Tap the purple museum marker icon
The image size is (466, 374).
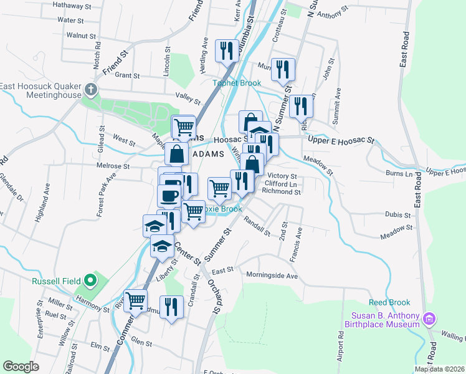pyautogui.click(x=428, y=320)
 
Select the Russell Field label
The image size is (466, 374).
pyautogui.click(x=58, y=280)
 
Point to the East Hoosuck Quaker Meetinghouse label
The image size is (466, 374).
pyautogui.click(x=41, y=91)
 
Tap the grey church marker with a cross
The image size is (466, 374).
pyautogui.click(x=90, y=89)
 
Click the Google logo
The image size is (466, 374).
pyautogui.click(x=21, y=366)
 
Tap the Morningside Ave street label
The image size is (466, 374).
pyautogui.click(x=272, y=275)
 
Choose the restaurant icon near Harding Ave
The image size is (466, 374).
pyautogui.click(x=226, y=49)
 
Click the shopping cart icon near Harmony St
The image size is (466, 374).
pyautogui.click(x=135, y=300)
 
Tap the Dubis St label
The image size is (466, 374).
pyautogui.click(x=397, y=215)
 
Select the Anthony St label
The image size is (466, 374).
pyautogui.click(x=331, y=14)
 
